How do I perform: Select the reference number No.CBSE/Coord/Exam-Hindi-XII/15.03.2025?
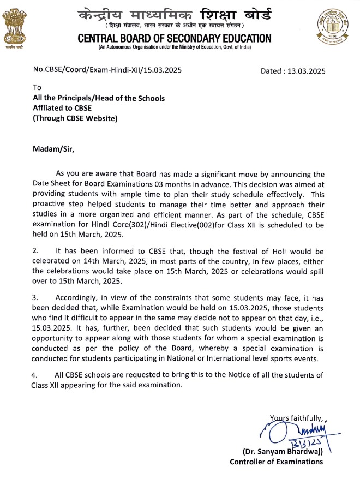coord(107,70)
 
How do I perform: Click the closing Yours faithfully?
coord(297,418)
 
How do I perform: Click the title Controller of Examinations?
coord(277,462)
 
